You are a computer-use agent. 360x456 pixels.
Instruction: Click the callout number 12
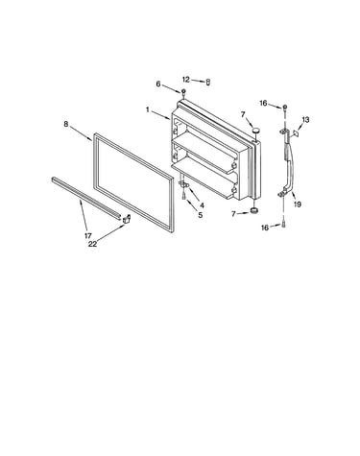186,80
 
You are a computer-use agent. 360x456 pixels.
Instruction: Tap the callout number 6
158,84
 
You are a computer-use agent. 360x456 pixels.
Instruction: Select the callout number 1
148,109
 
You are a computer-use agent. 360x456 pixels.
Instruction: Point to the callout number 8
66,124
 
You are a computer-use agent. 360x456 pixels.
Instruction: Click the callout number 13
305,120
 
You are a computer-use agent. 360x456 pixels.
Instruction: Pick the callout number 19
298,204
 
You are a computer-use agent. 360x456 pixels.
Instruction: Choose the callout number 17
88,236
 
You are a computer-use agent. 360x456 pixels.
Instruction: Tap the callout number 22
92,244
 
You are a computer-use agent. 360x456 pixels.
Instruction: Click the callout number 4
202,205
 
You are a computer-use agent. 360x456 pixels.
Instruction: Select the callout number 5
201,215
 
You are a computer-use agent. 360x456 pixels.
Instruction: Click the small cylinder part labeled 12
208,83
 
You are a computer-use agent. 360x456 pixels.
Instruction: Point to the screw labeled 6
183,93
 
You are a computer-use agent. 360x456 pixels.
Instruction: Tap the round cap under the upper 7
255,131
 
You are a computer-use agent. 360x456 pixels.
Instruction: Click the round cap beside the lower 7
254,210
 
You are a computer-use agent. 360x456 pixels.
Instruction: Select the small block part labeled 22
127,218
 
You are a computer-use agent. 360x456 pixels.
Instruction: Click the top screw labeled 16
285,108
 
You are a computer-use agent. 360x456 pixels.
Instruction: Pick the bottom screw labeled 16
283,225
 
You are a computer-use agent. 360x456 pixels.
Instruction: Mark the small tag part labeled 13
297,132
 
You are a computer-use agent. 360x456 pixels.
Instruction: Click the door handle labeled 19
290,163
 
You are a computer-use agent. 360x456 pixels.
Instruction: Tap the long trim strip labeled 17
85,197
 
